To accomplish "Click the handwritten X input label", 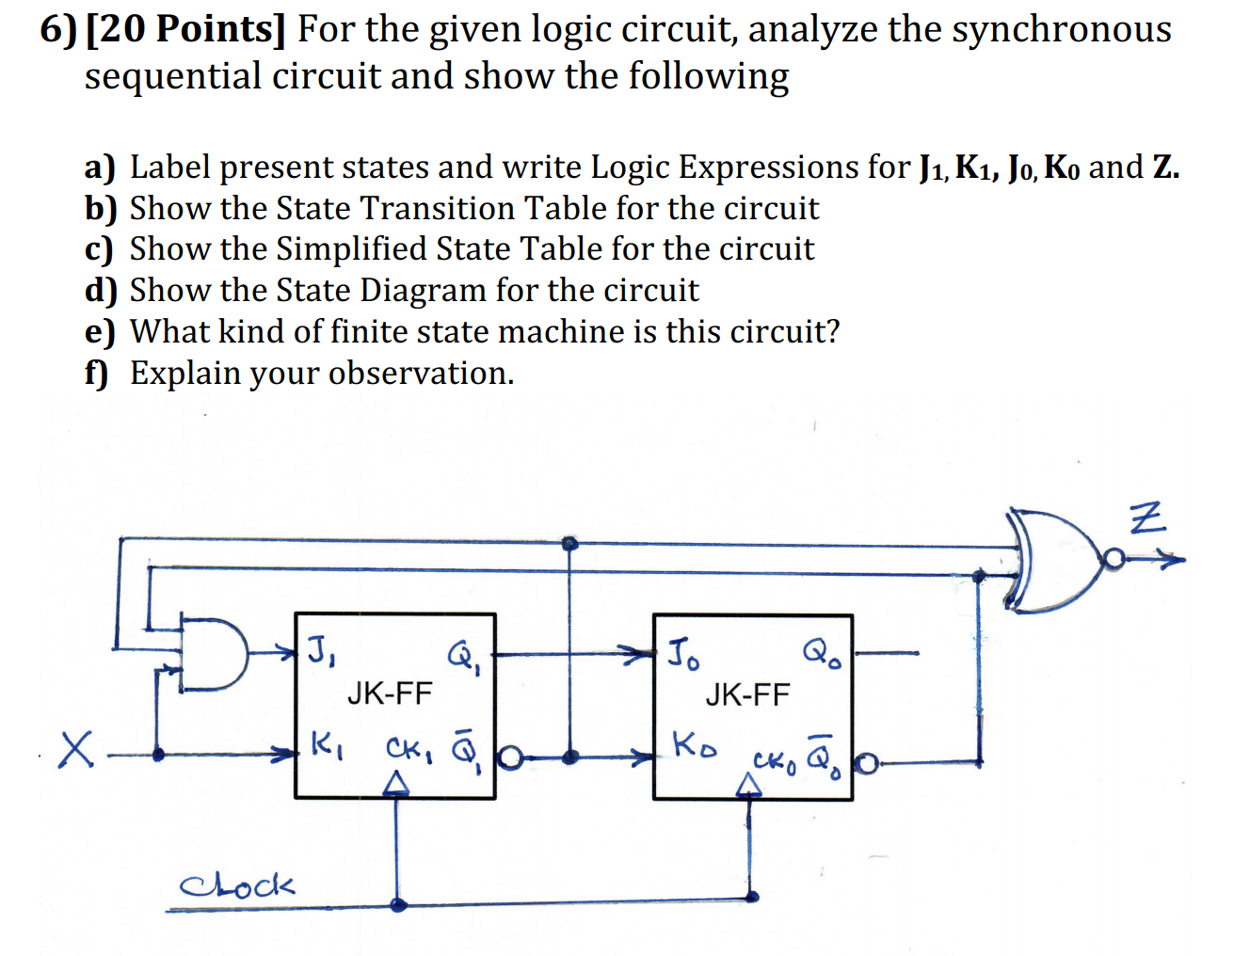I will (76, 749).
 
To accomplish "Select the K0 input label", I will (693, 746).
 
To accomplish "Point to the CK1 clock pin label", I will (408, 750).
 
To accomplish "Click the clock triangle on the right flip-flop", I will (748, 786).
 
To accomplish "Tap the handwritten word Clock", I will (236, 884).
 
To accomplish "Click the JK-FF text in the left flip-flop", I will (389, 694).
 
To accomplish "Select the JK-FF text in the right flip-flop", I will (747, 695).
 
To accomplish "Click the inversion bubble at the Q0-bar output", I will (867, 764).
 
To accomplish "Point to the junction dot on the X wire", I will (158, 754).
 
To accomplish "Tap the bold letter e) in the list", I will (99, 332).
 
